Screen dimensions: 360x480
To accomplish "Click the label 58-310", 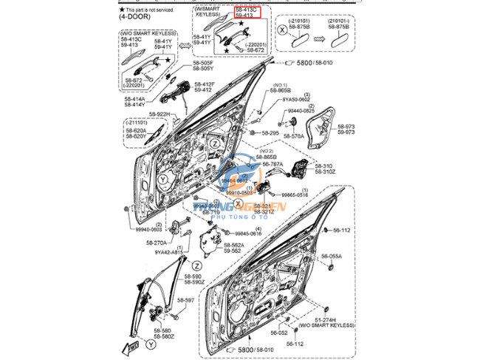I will pos(323,166).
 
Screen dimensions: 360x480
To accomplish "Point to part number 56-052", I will pos(278,333).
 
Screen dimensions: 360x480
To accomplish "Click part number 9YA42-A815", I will pos(170,252).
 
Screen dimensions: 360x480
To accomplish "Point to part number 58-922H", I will pos(160,114).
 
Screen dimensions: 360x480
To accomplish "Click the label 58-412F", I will pos(205,84).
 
